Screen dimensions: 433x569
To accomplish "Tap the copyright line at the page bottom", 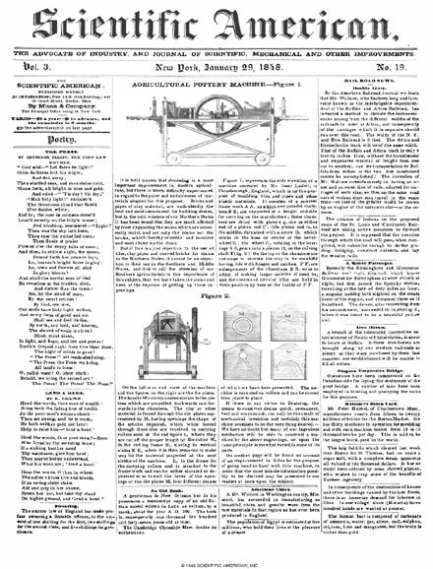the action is (x=216, y=564).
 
